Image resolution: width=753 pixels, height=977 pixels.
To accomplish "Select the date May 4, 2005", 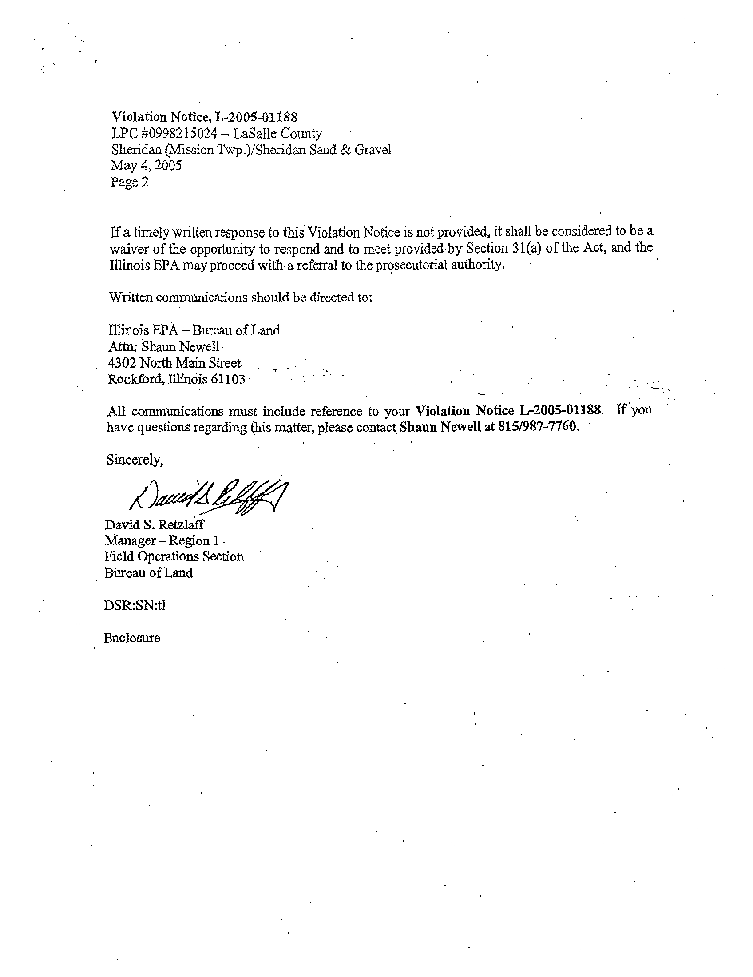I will coord(146,166).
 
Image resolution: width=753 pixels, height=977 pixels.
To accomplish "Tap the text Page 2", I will coord(129,182).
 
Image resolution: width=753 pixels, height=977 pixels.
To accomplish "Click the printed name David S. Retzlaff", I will coord(154,524).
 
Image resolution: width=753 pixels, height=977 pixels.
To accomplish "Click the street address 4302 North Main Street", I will coord(174,363).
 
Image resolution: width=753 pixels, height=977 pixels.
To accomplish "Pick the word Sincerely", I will coord(135,460).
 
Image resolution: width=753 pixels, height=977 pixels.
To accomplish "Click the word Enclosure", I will coord(131,637).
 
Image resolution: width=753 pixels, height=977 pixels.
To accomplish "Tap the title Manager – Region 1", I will coord(162,541).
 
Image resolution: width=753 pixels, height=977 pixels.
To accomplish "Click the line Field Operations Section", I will coord(174,556).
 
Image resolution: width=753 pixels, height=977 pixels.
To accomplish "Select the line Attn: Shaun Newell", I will coord(164,347).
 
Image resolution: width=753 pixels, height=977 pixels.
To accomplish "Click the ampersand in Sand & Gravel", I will coord(346,150).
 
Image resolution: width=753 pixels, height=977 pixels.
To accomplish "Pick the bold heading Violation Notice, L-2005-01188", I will coord(204,117).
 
